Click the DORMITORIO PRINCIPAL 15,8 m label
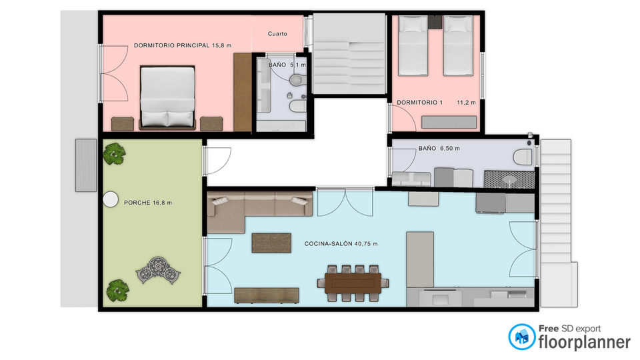click(183, 46)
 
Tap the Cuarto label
click(277, 34)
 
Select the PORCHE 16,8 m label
click(148, 203)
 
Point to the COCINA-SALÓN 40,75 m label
click(341, 244)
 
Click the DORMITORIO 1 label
click(419, 103)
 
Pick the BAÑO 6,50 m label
click(439, 149)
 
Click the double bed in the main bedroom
click(167, 97)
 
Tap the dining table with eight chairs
click(353, 283)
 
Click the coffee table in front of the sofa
click(271, 243)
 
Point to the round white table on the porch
click(110, 199)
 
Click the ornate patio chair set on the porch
click(159, 270)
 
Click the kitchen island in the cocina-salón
click(420, 259)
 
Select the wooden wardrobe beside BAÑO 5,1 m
click(243, 92)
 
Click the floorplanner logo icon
click(521, 337)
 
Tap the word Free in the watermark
click(549, 329)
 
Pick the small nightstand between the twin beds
click(435, 22)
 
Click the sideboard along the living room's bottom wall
click(267, 295)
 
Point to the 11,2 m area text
click(466, 103)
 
